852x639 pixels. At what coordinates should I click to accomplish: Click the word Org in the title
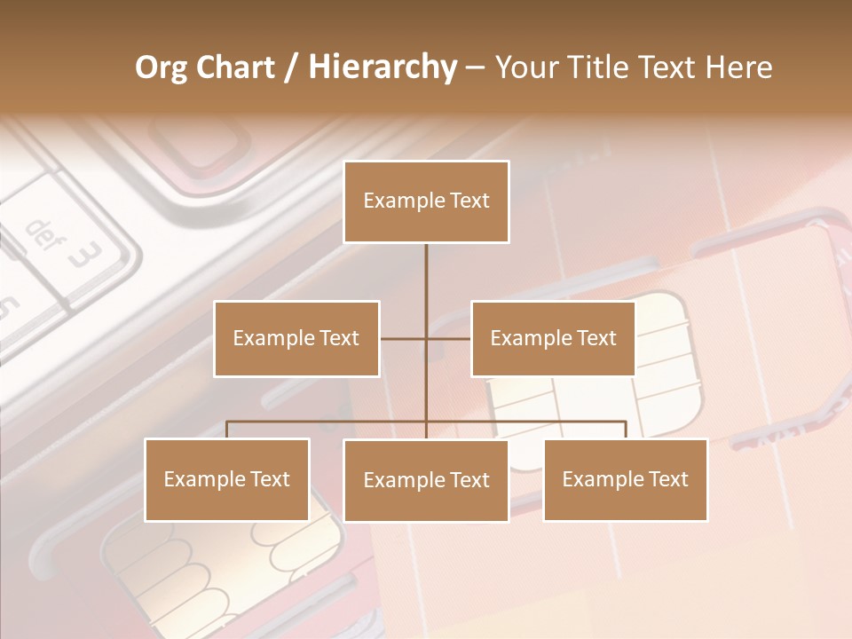tap(162, 67)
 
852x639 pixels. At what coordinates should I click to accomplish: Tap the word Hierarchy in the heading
tap(382, 67)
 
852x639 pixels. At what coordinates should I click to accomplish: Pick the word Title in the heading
tap(602, 67)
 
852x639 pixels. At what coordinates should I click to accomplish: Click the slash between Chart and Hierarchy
tap(291, 68)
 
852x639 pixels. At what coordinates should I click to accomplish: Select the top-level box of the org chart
tap(426, 201)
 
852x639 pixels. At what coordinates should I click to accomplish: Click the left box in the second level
tap(296, 338)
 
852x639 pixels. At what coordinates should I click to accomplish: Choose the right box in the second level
tap(553, 338)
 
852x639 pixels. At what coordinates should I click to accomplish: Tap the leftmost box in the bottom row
tap(227, 479)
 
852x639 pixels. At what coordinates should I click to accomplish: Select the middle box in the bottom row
tap(426, 480)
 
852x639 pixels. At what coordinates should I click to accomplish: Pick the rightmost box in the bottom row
tap(625, 479)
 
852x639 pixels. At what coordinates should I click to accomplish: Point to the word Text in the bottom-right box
tap(667, 479)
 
